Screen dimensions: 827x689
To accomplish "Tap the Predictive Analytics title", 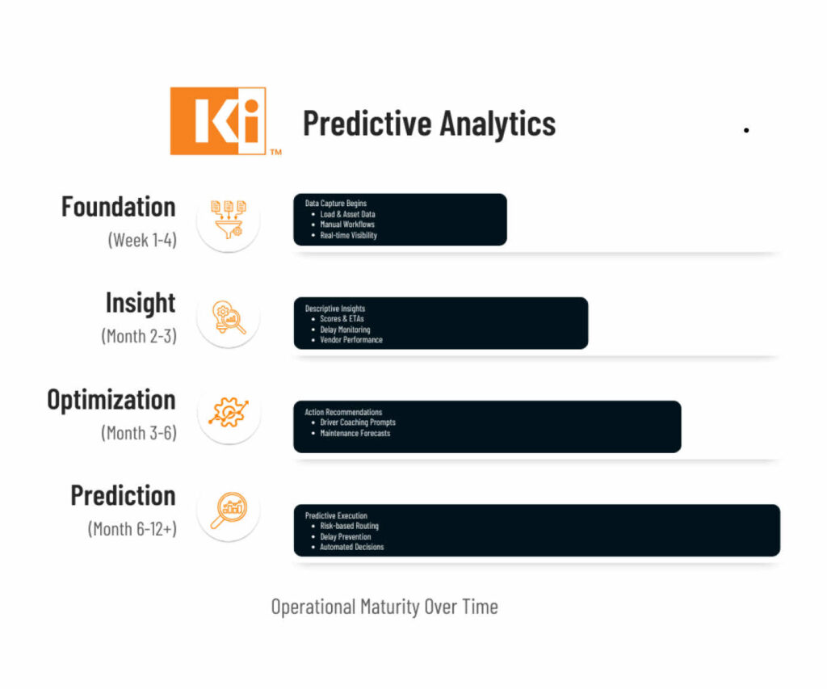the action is click(430, 124).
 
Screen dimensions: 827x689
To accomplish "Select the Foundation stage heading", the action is click(119, 206).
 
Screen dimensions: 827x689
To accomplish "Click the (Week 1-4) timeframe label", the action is click(142, 240).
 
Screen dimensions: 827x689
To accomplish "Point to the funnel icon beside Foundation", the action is click(229, 220).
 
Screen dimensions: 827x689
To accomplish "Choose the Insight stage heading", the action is click(141, 303).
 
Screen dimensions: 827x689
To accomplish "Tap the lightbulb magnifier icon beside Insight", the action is click(229, 317).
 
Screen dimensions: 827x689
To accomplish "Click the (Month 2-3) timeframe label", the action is click(139, 336).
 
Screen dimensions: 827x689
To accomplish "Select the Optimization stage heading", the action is click(111, 399).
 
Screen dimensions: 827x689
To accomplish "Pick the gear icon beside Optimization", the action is click(229, 412).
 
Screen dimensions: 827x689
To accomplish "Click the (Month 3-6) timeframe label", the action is click(139, 433).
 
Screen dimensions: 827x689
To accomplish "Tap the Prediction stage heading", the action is click(124, 495).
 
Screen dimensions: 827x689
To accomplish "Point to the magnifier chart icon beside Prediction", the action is click(229, 510).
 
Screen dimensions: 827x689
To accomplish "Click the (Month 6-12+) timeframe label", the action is click(132, 528).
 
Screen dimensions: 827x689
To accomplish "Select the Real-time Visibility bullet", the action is click(349, 235).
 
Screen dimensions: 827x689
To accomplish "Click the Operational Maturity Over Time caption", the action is click(384, 607).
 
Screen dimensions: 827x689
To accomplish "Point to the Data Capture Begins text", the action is click(335, 203).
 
